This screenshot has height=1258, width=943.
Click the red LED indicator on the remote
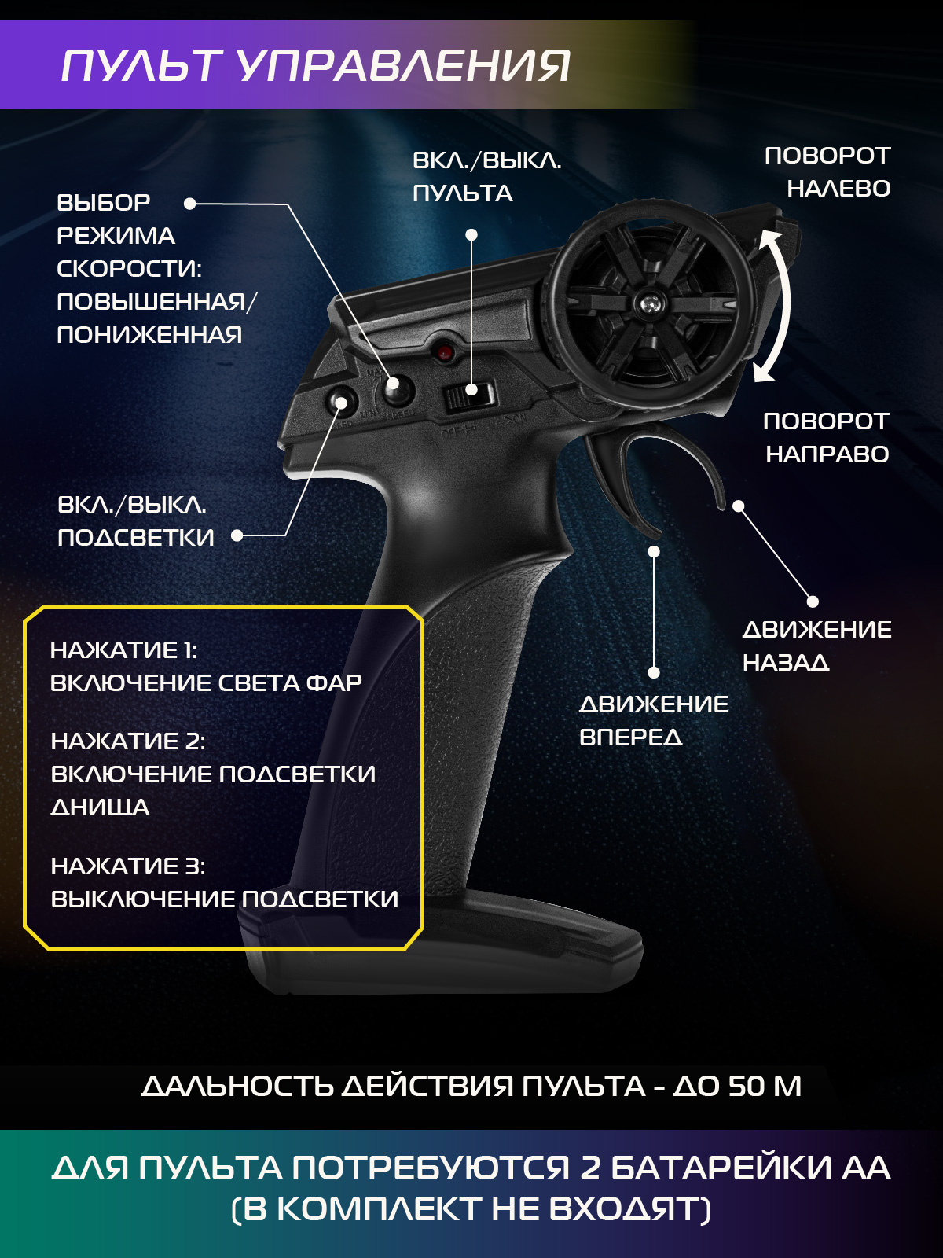click(x=443, y=352)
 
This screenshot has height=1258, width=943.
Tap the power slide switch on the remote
click(x=469, y=395)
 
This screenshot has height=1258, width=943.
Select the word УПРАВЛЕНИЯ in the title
click(x=402, y=66)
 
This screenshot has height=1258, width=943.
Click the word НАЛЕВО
click(x=838, y=189)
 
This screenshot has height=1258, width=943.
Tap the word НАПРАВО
click(x=827, y=454)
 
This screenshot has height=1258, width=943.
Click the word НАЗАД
click(x=786, y=663)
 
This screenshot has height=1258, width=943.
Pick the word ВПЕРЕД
click(x=631, y=737)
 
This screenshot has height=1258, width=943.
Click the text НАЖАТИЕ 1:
click(x=123, y=650)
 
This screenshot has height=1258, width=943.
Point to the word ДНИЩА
click(x=101, y=807)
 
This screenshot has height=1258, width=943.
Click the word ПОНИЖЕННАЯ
click(x=149, y=335)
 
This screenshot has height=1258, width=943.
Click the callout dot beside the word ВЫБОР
click(x=189, y=204)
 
